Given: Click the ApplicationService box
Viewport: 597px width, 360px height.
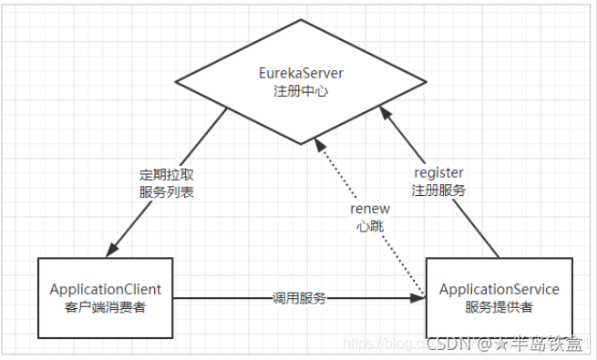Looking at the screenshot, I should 499,298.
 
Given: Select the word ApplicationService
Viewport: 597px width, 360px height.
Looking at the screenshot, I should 499,289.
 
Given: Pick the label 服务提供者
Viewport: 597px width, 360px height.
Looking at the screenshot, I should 499,307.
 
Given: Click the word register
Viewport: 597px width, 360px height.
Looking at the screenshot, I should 438,172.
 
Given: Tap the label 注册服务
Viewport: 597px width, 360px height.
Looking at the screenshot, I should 438,190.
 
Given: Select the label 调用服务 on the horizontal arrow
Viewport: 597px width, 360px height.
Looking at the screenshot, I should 299,298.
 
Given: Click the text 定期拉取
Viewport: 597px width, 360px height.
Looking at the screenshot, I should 166,173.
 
